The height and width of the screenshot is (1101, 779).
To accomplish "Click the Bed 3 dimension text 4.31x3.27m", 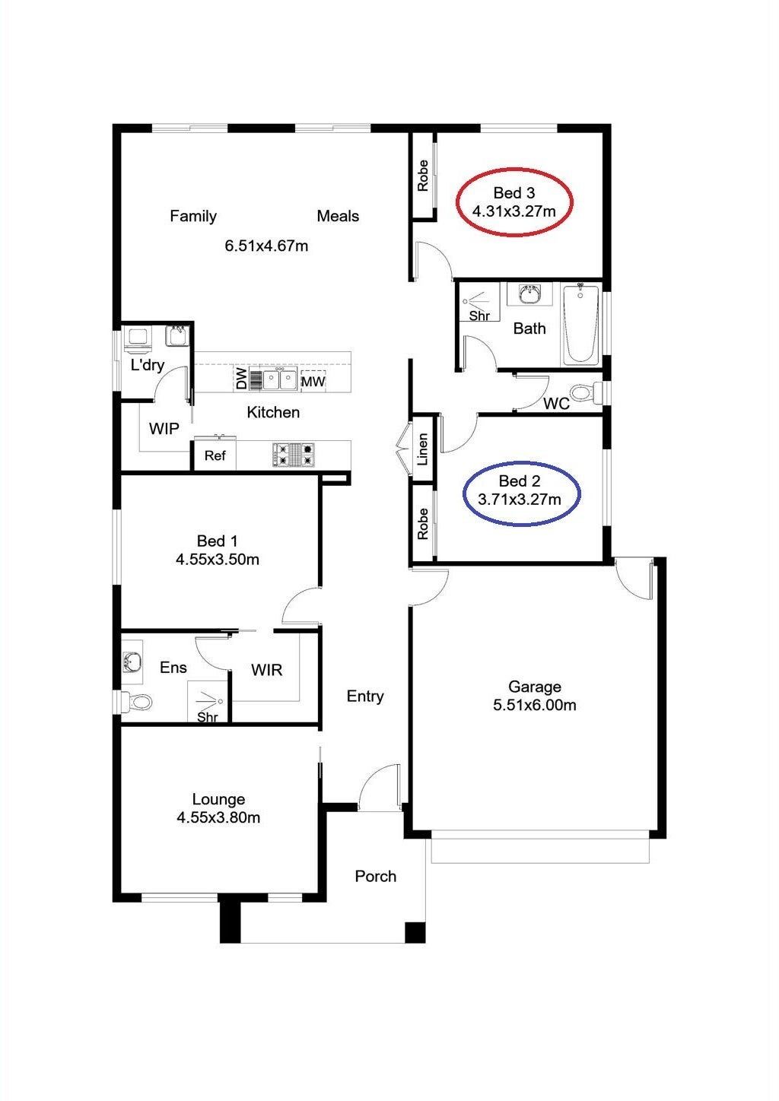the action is pos(514,211).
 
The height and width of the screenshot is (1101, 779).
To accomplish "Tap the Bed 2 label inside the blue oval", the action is pos(520,481).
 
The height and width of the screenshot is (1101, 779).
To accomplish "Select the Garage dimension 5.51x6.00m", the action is pos(535,705).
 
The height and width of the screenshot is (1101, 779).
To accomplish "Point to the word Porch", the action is pos(376,876).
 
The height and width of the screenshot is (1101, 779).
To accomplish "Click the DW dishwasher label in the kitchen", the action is pos(241,379).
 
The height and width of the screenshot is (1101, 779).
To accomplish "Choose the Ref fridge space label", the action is pos(215,455).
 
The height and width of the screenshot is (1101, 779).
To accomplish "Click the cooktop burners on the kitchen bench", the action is pos(293,455).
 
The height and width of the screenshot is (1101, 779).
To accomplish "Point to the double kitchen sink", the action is pos(279,379).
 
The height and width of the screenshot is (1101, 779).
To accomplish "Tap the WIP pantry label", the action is pos(164,429).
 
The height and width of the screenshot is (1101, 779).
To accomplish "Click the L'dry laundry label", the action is pos(147,365).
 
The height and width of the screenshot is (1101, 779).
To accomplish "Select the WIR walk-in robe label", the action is pos(266,670).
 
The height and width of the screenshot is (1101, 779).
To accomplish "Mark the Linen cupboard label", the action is pos(422,449).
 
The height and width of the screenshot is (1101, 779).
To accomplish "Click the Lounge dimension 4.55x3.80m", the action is pos(218,817).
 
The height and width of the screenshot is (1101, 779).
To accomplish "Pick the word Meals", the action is pos(338,216).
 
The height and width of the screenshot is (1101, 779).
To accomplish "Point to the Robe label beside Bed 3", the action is pos(422,176).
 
